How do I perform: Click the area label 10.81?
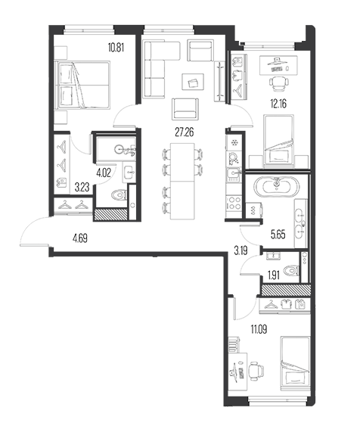pyautogui.click(x=116, y=48)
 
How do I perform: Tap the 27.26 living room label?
pyautogui.click(x=185, y=132)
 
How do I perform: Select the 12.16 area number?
pyautogui.click(x=278, y=104)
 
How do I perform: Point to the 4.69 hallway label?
pyautogui.click(x=80, y=238)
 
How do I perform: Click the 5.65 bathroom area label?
pyautogui.click(x=278, y=235)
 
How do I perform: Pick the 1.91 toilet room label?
pyautogui.click(x=274, y=275)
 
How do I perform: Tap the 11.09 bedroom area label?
pyautogui.click(x=259, y=329)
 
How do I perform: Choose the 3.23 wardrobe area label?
pyautogui.click(x=82, y=187)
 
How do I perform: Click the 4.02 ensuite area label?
pyautogui.click(x=104, y=173)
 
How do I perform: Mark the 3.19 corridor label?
pyautogui.click(x=241, y=251)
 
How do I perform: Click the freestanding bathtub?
pyautogui.click(x=276, y=187)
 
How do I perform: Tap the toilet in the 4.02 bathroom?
pyautogui.click(x=119, y=194)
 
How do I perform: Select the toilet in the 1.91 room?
pyautogui.click(x=291, y=270)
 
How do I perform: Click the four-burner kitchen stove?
pyautogui.click(x=234, y=203)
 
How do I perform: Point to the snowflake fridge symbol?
pyautogui.click(x=234, y=142)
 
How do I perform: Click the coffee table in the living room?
pyautogui.click(x=193, y=82)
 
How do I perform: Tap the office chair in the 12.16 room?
pyautogui.click(x=278, y=83)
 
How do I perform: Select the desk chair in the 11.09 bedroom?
pyautogui.click(x=256, y=371)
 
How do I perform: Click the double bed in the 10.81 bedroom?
pyautogui.click(x=82, y=86)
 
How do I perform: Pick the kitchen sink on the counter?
pyautogui.click(x=234, y=174)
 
